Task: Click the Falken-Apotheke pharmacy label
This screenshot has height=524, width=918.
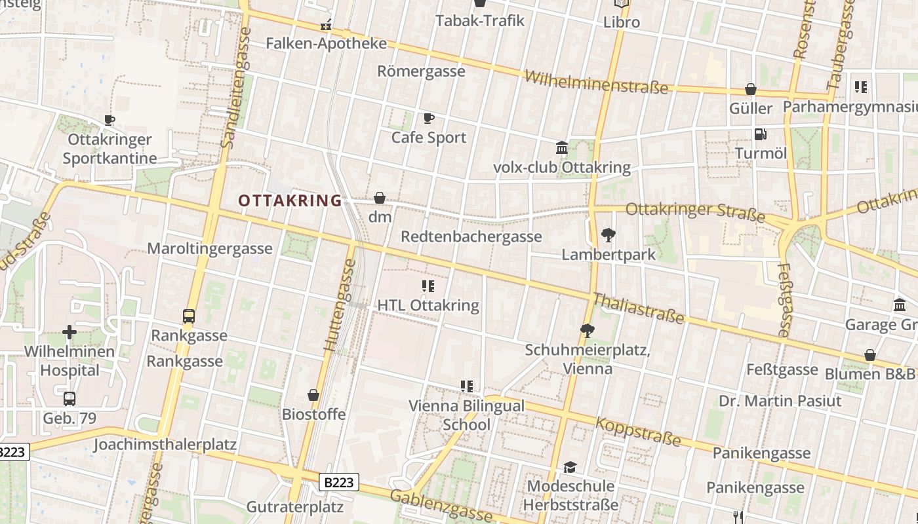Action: (x=326, y=43)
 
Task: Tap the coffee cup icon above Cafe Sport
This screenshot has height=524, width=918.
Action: (x=428, y=118)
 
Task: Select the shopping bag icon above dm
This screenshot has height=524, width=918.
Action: (x=380, y=197)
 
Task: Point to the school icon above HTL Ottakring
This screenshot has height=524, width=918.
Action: (x=428, y=286)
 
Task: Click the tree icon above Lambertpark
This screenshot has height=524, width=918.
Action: (x=609, y=234)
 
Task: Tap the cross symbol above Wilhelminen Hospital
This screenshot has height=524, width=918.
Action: (x=70, y=332)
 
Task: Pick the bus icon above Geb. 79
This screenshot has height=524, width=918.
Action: (x=70, y=398)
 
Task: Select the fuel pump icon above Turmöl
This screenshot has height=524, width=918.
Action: (x=761, y=134)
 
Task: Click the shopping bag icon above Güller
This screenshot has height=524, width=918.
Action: (x=751, y=89)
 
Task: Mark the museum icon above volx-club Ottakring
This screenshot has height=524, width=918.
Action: (x=562, y=147)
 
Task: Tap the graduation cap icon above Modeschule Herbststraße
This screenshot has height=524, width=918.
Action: (x=570, y=467)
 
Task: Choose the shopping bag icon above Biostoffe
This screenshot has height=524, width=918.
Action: (x=313, y=395)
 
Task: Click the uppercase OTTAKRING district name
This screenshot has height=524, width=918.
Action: (x=290, y=200)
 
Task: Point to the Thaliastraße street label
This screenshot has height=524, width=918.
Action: (x=638, y=309)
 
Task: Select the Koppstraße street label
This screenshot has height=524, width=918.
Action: (x=638, y=432)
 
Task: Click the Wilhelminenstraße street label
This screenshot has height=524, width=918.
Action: (x=596, y=82)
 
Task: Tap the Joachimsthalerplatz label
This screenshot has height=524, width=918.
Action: (x=165, y=444)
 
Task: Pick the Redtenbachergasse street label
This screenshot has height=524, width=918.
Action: (x=471, y=236)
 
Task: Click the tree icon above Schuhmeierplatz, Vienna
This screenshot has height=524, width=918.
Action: (x=588, y=330)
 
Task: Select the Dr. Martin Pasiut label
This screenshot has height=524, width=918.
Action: (x=780, y=400)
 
